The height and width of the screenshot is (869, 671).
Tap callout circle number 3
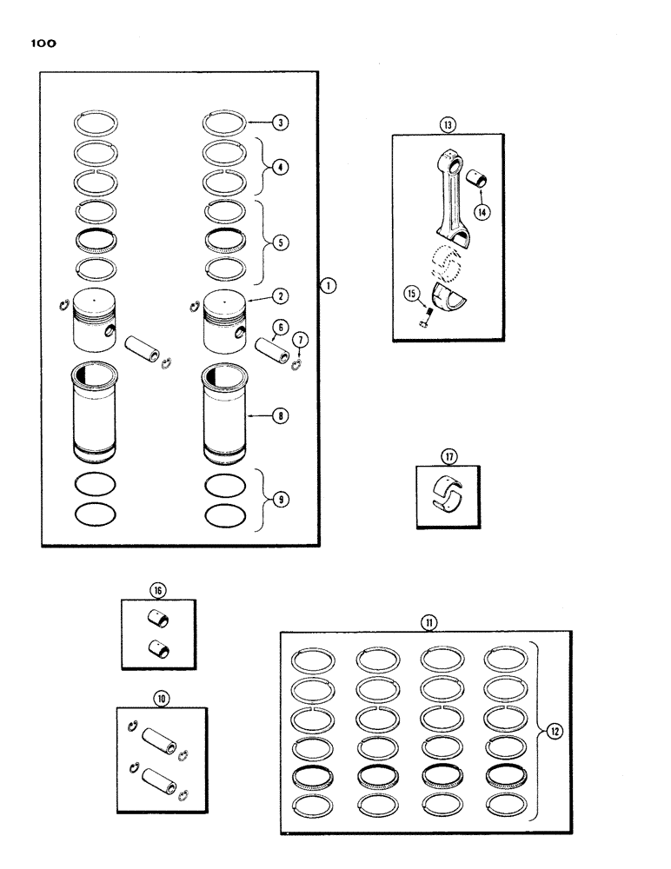[x=281, y=122]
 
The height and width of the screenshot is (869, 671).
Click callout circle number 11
[x=429, y=620]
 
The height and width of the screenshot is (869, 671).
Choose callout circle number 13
[x=448, y=123]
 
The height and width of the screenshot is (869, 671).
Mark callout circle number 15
[x=411, y=294]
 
